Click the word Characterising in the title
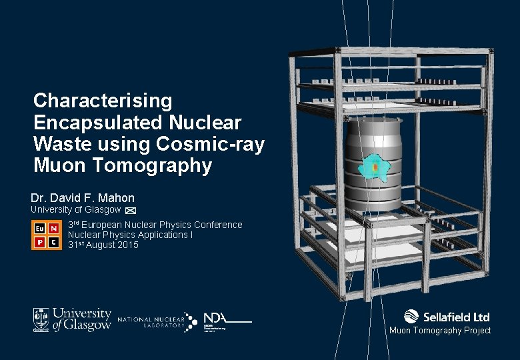pyautogui.click(x=103, y=101)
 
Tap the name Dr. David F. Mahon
pyautogui.click(x=83, y=198)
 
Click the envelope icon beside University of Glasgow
pyautogui.click(x=131, y=211)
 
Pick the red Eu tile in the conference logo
pyautogui.click(x=39, y=228)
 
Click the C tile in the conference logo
pyautogui.click(x=53, y=242)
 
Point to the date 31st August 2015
pyautogui.click(x=103, y=245)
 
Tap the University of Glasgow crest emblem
pyautogui.click(x=41, y=319)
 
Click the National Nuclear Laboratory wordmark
pyautogui.click(x=151, y=323)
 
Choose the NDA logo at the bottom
pyautogui.click(x=227, y=321)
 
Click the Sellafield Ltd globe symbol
pyautogui.click(x=411, y=317)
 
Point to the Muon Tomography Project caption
pyautogui.click(x=440, y=331)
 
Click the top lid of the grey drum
pyautogui.click(x=374, y=124)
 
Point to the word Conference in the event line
pyautogui.click(x=215, y=225)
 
